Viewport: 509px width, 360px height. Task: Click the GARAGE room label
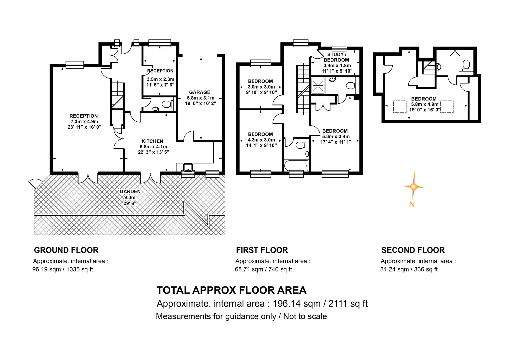[x=200, y=92]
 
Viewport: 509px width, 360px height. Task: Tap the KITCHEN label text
[x=152, y=141]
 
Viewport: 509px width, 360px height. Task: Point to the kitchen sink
[x=188, y=167]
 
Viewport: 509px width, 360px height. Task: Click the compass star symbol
[x=414, y=187]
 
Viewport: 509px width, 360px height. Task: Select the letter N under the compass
[x=412, y=204]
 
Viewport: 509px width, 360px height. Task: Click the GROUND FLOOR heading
[x=66, y=250]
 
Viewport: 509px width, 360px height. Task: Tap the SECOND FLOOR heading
[x=413, y=250]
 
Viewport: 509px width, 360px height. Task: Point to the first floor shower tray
[x=318, y=85]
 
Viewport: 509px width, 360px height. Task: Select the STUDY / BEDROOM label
[x=336, y=57]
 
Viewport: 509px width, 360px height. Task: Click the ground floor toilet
[x=167, y=104]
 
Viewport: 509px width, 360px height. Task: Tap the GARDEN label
[x=130, y=191]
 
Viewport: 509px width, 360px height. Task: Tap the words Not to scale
[x=305, y=316]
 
